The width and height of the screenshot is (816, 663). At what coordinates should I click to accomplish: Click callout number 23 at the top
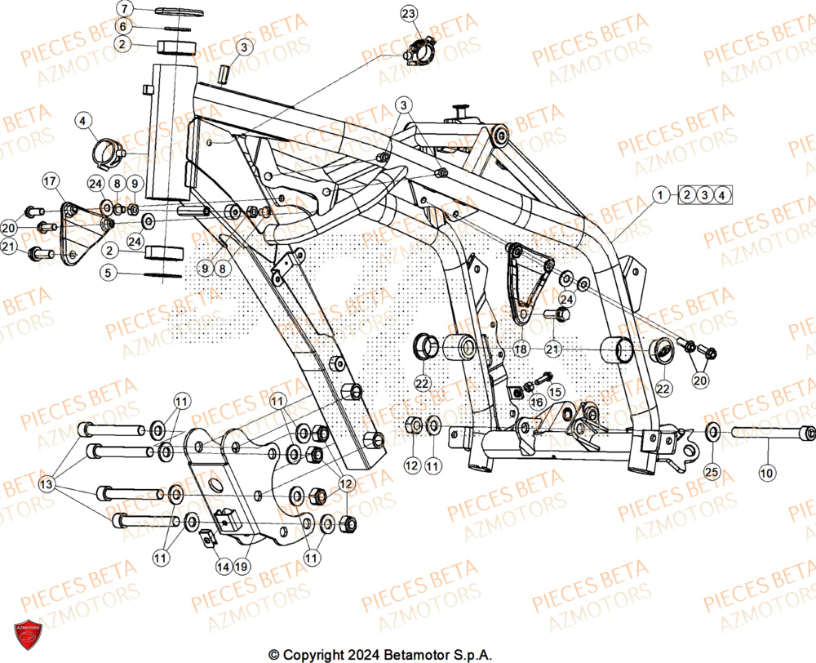click(409, 13)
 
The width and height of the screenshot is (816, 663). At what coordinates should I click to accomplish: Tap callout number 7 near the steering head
click(123, 9)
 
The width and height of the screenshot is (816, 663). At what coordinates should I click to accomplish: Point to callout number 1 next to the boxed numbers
click(663, 194)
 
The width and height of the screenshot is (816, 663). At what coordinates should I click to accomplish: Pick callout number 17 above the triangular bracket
click(49, 180)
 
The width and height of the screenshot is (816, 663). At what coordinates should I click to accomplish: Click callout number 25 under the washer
click(712, 471)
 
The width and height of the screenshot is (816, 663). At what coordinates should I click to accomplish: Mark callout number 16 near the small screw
click(537, 402)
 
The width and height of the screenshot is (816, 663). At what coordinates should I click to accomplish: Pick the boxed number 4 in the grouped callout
click(722, 194)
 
